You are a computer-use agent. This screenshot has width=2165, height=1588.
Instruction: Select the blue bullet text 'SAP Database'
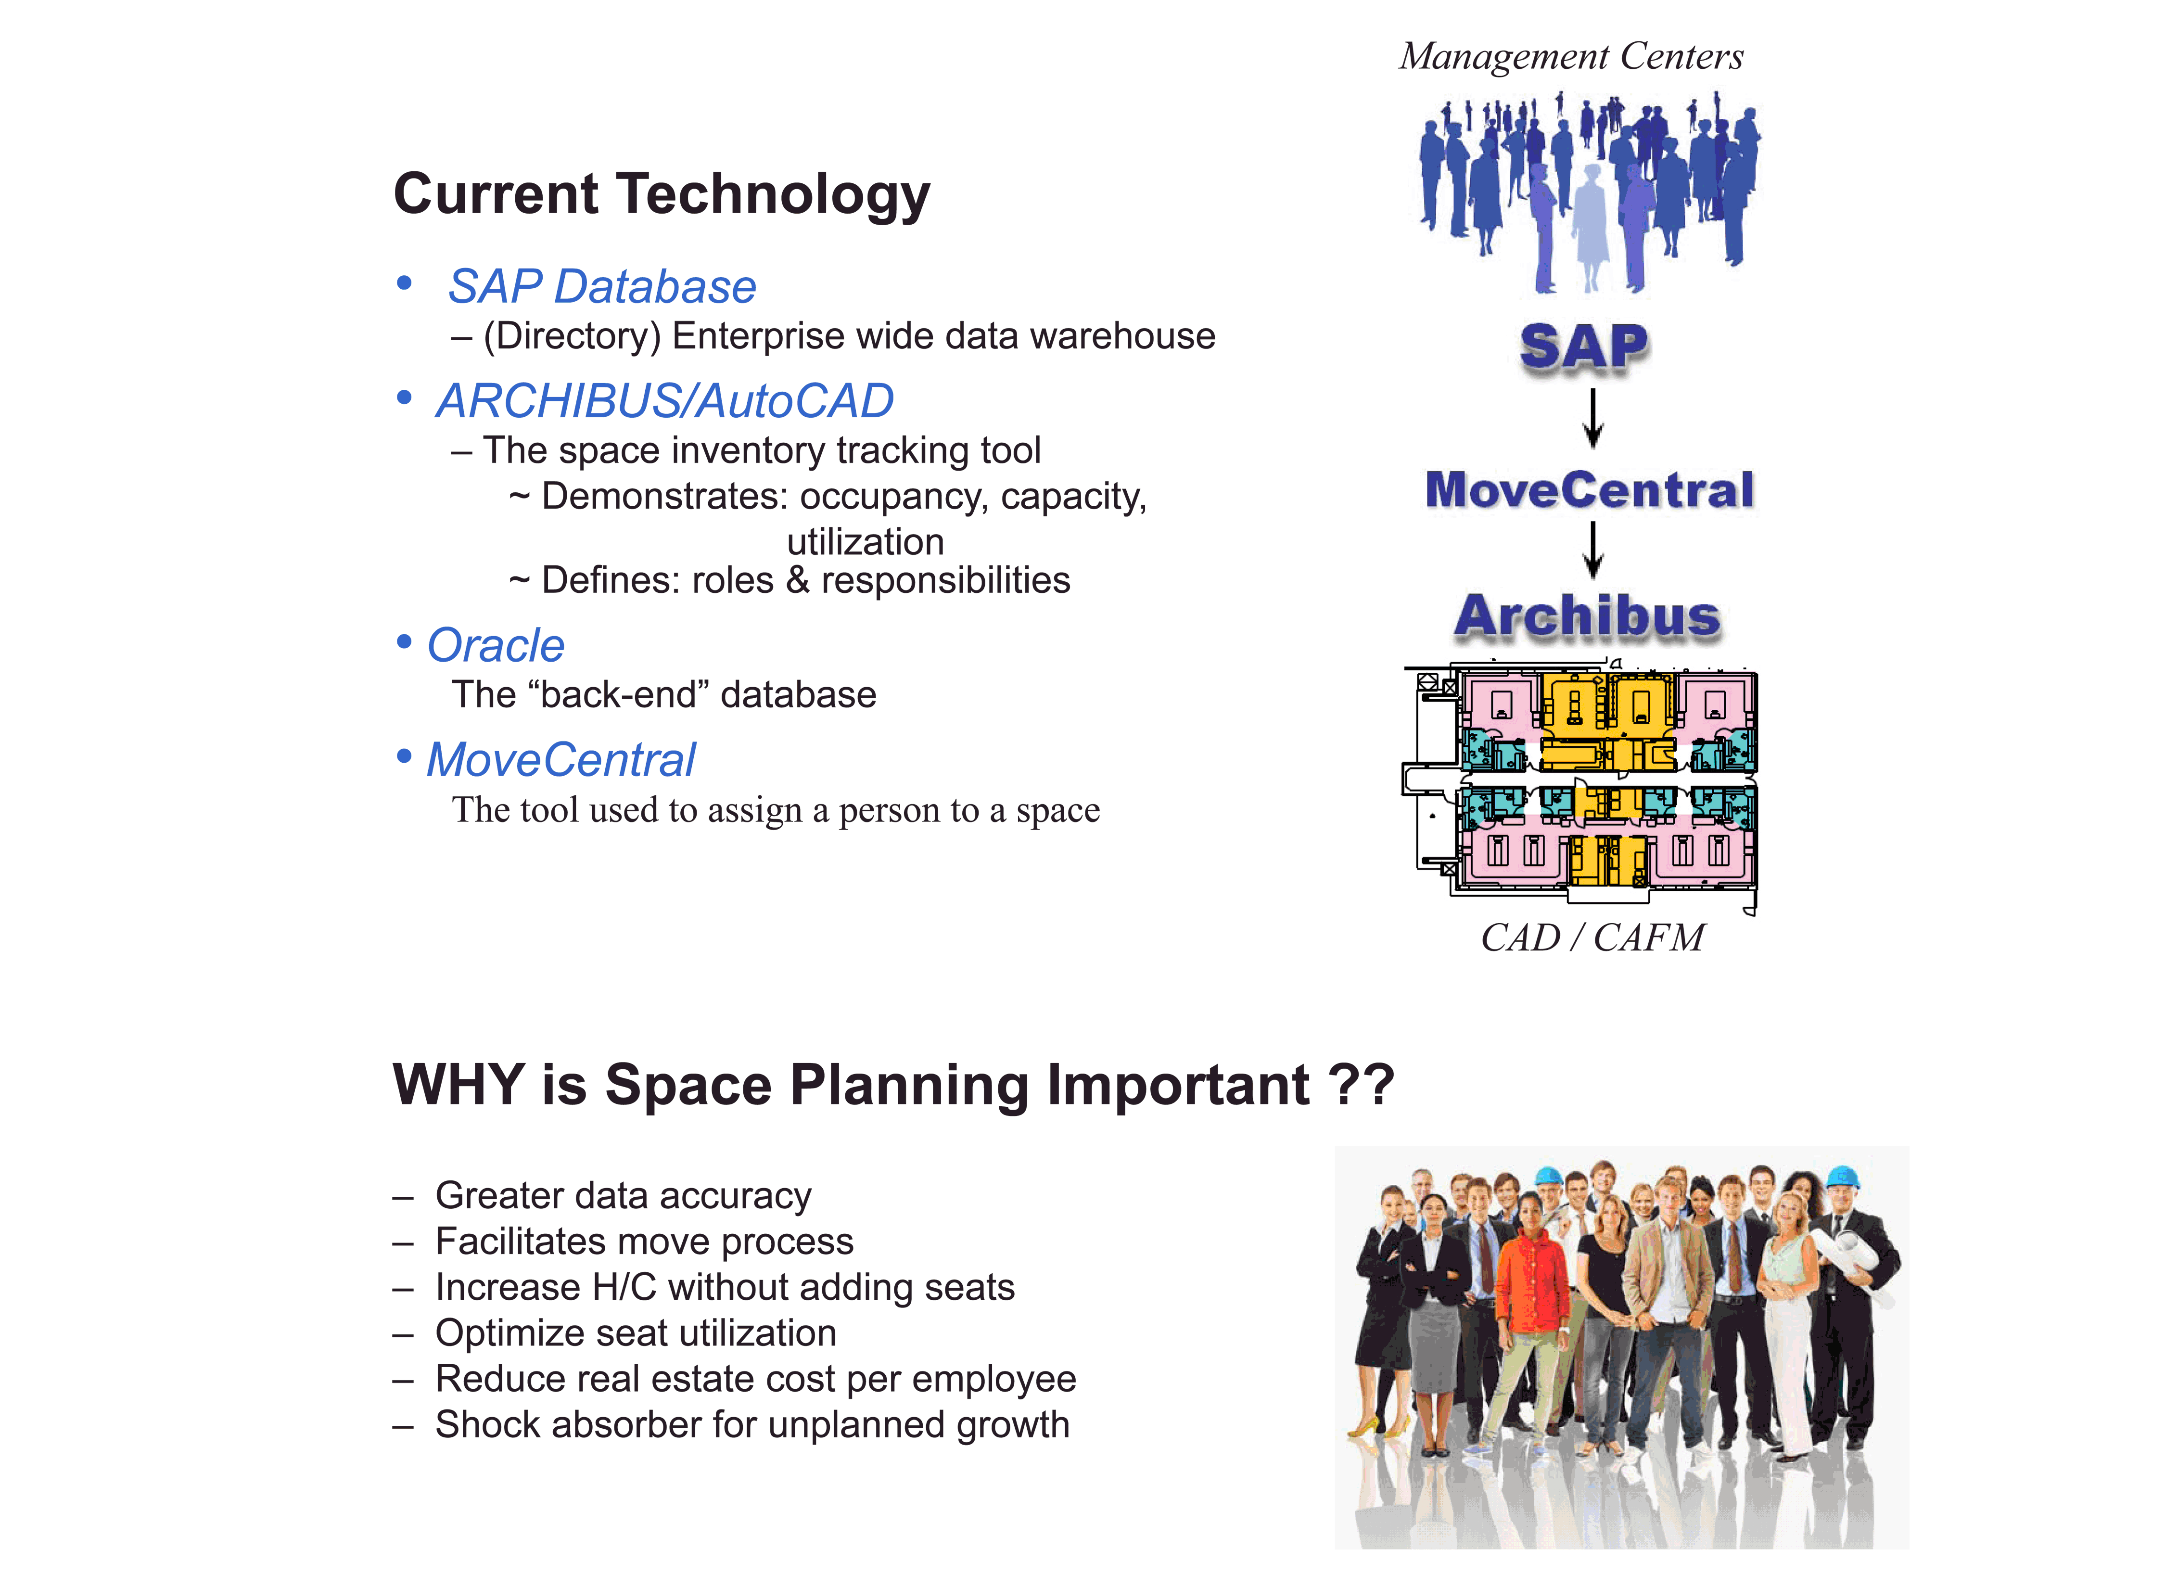pyautogui.click(x=601, y=286)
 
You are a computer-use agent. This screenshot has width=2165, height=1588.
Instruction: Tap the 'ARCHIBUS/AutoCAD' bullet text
pyautogui.click(x=664, y=401)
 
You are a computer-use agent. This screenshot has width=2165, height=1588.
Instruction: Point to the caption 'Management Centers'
pyautogui.click(x=1570, y=56)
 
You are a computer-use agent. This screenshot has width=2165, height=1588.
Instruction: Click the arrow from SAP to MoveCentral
pyautogui.click(x=1592, y=418)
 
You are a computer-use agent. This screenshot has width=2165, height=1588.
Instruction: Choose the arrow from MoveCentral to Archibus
pyautogui.click(x=1592, y=550)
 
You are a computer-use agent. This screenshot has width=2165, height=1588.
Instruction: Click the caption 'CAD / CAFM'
pyautogui.click(x=1592, y=937)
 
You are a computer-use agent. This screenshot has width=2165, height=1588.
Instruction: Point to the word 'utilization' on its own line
pyautogui.click(x=865, y=542)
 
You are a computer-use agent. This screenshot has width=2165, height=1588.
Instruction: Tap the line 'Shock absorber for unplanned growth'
pyautogui.click(x=751, y=1424)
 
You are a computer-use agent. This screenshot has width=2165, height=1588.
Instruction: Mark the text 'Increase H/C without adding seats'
pyautogui.click(x=725, y=1287)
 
